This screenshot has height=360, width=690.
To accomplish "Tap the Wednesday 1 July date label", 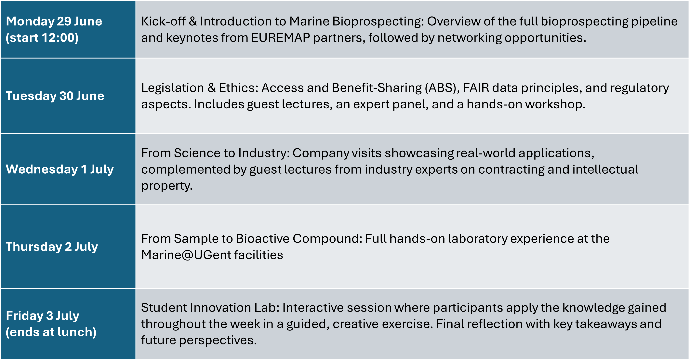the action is coord(60,169).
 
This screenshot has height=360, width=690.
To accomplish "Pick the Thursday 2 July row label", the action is coord(52,247).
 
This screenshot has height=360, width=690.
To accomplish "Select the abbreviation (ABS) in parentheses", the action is coord(442,88).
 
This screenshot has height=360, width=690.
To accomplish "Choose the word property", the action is coord(167,186).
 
